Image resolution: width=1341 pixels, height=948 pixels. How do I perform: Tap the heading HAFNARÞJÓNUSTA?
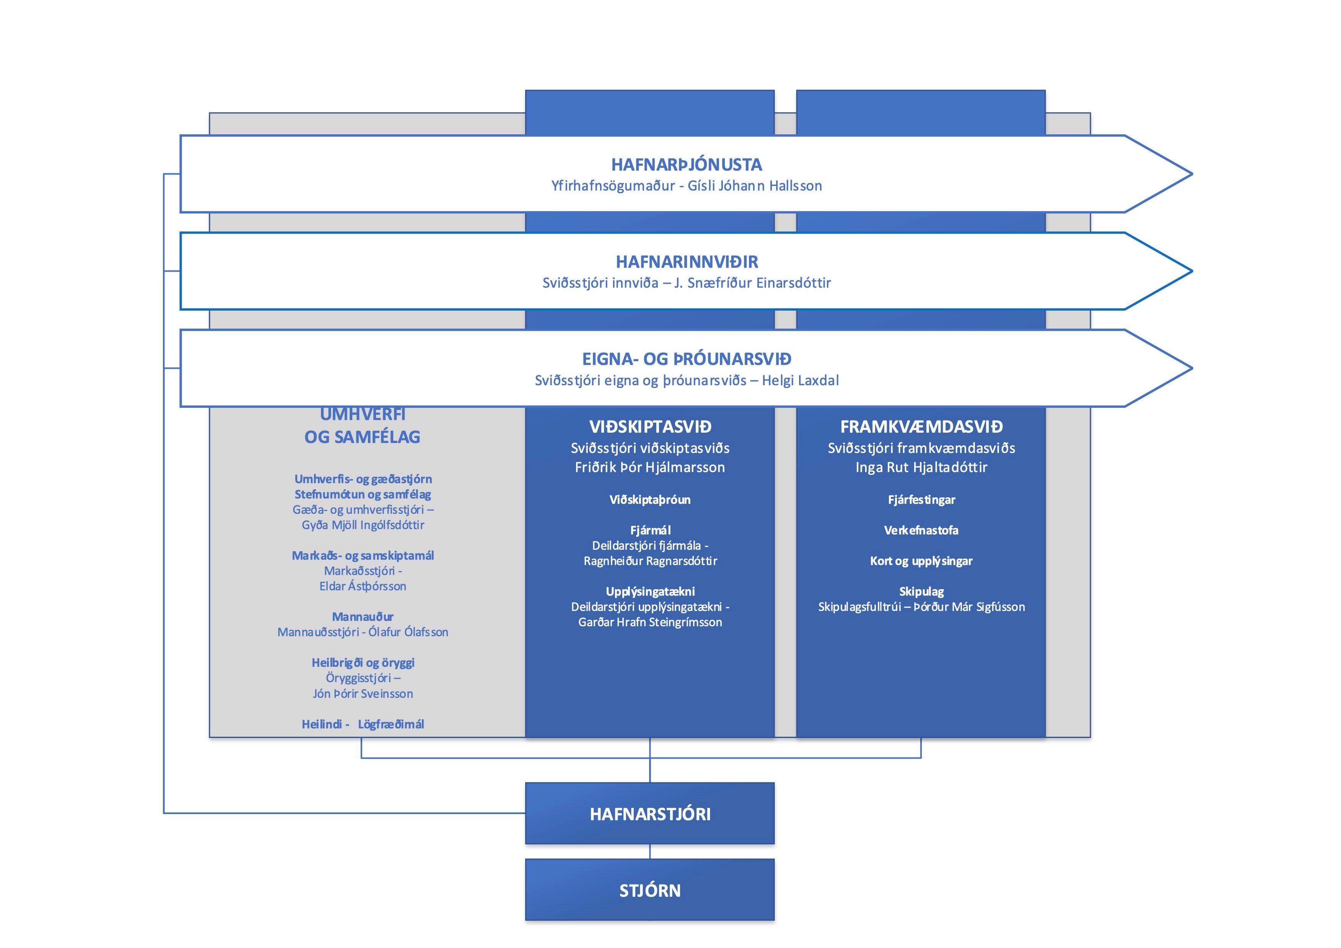pos(686,165)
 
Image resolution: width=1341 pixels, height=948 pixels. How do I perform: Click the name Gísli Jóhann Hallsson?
pos(755,186)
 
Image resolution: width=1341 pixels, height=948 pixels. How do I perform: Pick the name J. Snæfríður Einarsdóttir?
pos(752,283)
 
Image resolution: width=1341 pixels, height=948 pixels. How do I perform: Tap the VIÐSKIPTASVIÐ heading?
pos(650,427)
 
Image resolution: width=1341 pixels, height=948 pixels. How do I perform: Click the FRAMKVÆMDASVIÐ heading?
pos(921,427)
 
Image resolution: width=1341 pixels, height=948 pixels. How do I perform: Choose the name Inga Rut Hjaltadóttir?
pos(921,467)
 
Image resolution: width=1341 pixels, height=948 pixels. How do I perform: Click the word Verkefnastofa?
pos(921,530)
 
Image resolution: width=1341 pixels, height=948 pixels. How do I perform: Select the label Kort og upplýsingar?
pos(921,561)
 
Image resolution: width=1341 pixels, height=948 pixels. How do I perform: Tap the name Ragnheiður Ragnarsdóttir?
pos(650,561)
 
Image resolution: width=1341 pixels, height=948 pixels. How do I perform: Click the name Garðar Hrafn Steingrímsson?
pos(650,622)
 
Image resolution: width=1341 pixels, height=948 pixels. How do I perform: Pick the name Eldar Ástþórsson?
pos(363,586)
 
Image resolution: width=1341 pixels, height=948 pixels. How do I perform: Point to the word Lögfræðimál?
pos(391,724)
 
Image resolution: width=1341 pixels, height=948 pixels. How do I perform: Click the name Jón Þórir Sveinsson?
pos(363,693)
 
